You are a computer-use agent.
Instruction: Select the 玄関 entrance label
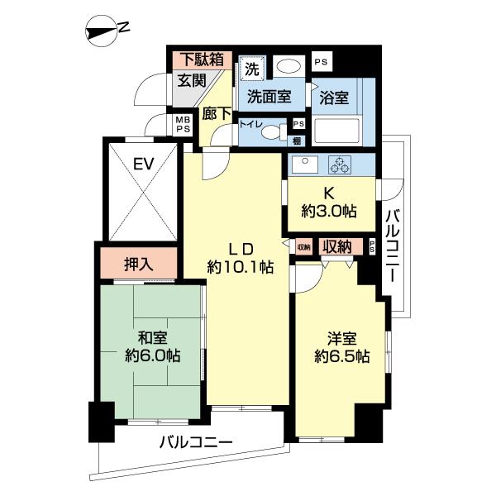point(192,80)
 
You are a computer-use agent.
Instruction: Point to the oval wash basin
point(288,67)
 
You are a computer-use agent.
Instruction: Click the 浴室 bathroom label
point(335,97)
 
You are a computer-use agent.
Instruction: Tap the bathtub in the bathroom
point(336,131)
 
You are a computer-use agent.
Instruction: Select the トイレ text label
point(251,126)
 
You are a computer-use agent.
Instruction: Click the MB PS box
point(182,124)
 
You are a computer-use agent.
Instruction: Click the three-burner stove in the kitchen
point(340,165)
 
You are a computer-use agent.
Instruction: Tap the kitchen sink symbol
point(302,162)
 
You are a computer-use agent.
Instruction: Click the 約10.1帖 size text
point(240,267)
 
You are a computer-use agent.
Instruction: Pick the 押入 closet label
point(138,265)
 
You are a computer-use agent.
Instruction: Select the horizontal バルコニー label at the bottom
point(196,442)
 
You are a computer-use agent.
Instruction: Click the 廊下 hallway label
point(217,113)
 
